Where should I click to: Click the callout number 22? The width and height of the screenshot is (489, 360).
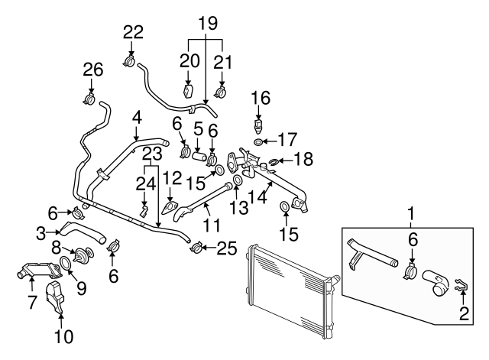133,31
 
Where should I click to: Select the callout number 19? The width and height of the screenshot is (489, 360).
206,24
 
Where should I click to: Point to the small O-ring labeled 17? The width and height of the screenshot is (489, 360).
260,141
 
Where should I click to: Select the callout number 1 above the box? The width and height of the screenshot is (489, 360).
413,212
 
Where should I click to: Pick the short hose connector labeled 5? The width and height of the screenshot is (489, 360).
200,158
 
